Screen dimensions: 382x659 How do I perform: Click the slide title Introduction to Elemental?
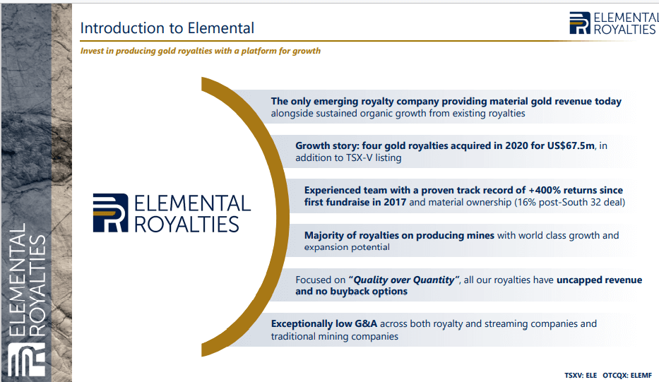click(x=167, y=29)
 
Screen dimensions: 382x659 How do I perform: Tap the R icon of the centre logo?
click(x=110, y=213)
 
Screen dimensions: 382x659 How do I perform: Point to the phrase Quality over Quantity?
click(x=404, y=280)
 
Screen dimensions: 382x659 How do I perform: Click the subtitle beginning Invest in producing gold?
click(x=201, y=51)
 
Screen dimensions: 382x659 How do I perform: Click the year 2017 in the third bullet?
click(x=393, y=202)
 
